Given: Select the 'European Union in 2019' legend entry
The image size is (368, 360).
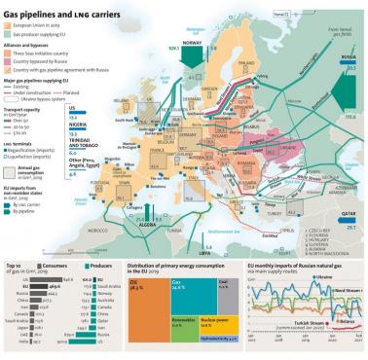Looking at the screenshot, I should (39, 23).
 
